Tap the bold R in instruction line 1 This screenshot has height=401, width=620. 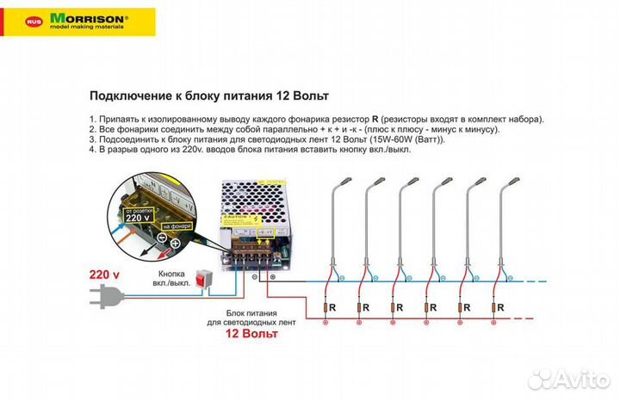click(375, 119)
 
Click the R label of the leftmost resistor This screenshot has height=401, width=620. click(341, 306)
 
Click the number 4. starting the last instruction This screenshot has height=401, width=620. click(93, 149)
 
